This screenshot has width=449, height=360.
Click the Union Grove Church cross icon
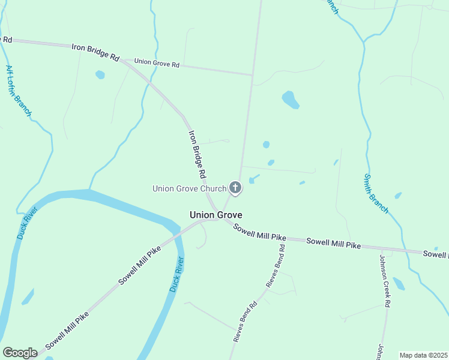(x=235, y=188)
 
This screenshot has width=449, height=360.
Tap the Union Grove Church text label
(x=189, y=188)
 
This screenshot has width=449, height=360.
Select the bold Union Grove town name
(x=216, y=214)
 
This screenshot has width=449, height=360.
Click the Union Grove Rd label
(x=157, y=62)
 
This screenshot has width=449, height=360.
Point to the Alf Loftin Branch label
(x=19, y=91)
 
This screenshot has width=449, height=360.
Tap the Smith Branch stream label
(x=376, y=194)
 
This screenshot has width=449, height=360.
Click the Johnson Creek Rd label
(x=385, y=281)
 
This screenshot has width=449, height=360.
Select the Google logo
(x=20, y=352)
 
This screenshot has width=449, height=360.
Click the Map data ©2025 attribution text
(x=423, y=355)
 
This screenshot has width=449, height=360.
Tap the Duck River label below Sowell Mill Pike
(x=176, y=274)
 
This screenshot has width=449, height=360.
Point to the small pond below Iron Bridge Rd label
(x=100, y=75)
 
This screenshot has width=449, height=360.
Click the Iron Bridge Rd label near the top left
(x=95, y=52)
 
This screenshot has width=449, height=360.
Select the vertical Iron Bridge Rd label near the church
(x=197, y=155)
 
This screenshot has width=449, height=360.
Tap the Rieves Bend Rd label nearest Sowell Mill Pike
(x=276, y=265)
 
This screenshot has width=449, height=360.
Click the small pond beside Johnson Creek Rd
(x=399, y=283)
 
